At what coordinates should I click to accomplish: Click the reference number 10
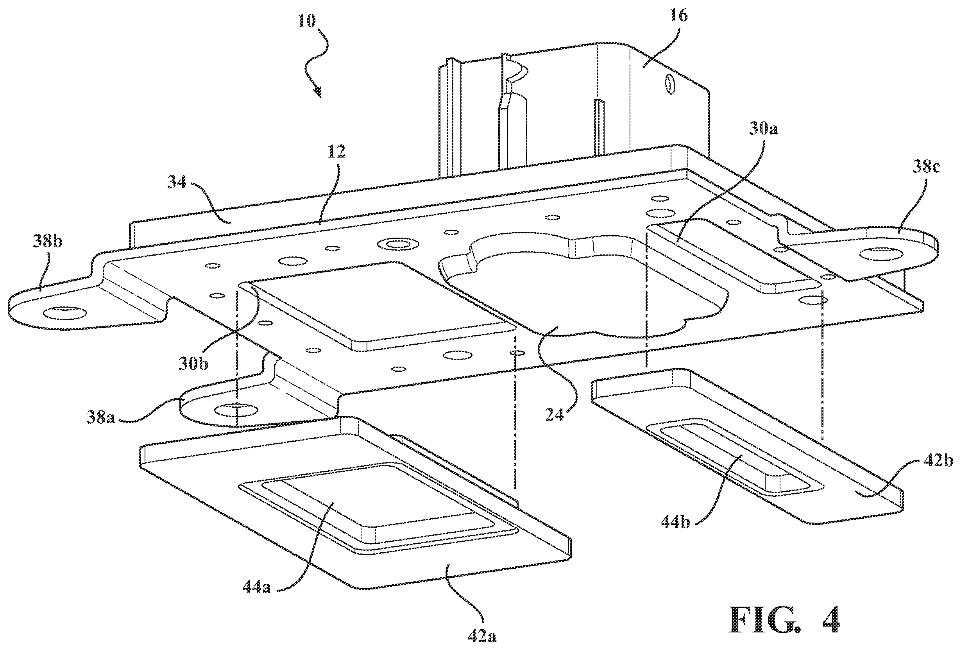[x=307, y=21]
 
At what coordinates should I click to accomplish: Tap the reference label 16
[x=678, y=15]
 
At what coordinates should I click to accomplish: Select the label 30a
[x=763, y=129]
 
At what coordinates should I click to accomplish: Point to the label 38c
[x=925, y=167]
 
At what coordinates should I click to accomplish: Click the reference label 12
[x=336, y=152]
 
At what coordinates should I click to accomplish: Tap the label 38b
[x=48, y=241]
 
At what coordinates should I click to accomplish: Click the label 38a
[x=100, y=417]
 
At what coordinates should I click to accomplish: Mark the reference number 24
[x=555, y=415]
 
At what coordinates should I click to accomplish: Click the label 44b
[x=675, y=523]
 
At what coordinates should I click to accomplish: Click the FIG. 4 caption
[x=784, y=619]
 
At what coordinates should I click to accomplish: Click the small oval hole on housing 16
[x=669, y=84]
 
